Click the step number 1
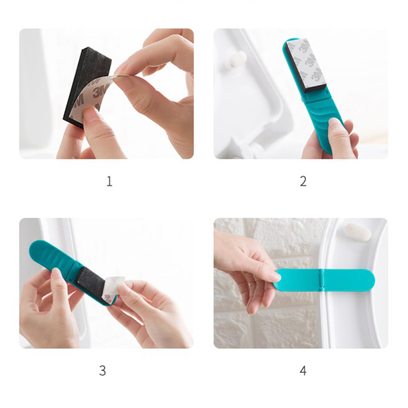click(x=110, y=182)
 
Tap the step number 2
click(x=303, y=182)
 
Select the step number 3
click(x=103, y=371)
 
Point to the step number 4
click(x=303, y=371)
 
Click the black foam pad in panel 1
click(x=86, y=83)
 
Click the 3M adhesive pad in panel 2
click(x=304, y=66)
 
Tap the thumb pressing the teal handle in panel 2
click(x=338, y=135)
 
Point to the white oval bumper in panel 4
click(x=358, y=232)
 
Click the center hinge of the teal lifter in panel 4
click(x=323, y=280)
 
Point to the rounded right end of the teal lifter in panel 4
click(x=368, y=280)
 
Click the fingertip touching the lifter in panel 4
click(x=276, y=277)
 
